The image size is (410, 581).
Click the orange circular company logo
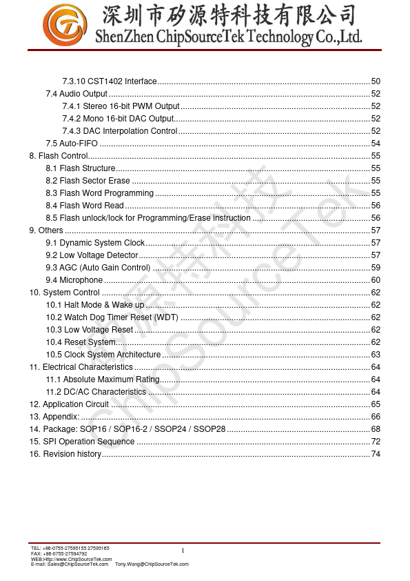(65, 26)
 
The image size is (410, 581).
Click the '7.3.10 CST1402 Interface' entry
(110, 81)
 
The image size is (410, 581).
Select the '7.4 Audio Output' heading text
(76, 94)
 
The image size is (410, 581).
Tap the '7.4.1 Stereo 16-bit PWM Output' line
(121, 106)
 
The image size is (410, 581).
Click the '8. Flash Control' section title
(59, 156)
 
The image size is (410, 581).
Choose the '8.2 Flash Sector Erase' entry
(88, 181)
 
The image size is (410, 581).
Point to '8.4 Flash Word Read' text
(85, 206)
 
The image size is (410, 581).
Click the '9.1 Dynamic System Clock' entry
(95, 243)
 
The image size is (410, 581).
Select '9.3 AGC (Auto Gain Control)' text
(98, 268)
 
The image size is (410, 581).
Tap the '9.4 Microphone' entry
(74, 280)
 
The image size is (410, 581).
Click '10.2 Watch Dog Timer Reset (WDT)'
(112, 317)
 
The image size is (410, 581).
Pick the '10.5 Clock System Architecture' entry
(103, 355)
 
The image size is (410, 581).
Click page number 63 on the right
(376, 355)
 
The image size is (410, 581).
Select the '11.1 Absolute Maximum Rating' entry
(103, 380)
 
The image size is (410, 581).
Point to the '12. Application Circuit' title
(69, 404)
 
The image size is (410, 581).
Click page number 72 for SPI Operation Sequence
(376, 442)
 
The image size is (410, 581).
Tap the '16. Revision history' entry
(65, 454)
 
